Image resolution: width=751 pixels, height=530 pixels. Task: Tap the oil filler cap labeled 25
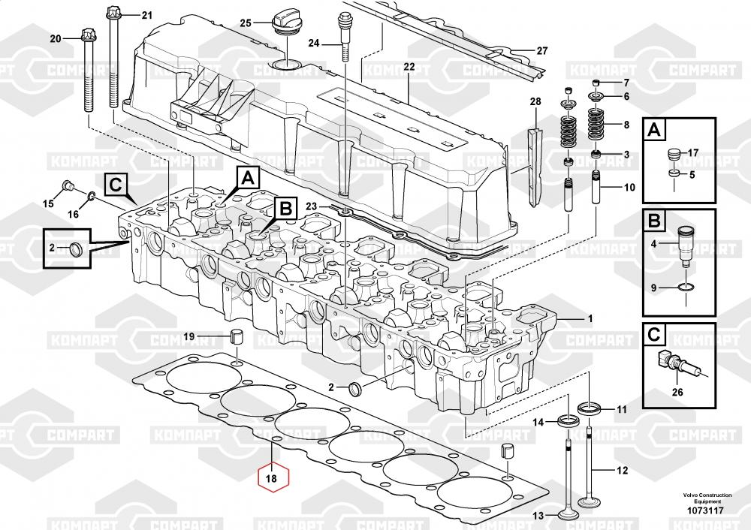pos(289,20)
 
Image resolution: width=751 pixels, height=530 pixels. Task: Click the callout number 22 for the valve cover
pos(409,67)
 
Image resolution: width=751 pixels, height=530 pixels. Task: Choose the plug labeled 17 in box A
pos(674,155)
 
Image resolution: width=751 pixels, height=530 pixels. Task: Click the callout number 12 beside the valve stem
pos(621,471)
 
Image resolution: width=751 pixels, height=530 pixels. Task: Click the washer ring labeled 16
pos(90,197)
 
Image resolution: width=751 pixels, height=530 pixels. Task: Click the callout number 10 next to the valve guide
pos(629,187)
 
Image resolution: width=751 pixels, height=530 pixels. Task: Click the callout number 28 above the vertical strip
pos(535,101)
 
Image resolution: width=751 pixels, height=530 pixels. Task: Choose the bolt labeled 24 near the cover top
pos(345,38)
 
